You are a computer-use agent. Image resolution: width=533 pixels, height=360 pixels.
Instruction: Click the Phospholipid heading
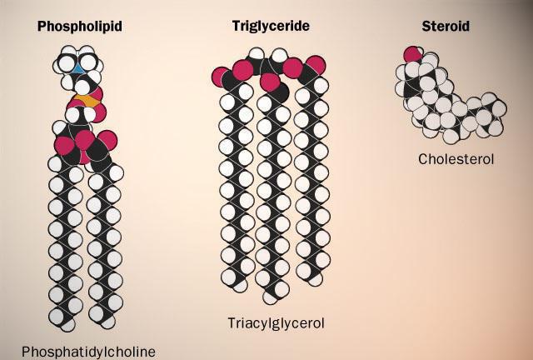click(80, 26)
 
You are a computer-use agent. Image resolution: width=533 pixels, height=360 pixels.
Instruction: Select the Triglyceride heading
click(271, 26)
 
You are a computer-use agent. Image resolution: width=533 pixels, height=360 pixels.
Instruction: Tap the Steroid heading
click(446, 26)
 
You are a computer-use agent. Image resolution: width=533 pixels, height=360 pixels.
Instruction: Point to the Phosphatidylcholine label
click(89, 352)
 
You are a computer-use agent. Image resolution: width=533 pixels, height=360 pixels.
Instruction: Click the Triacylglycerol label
click(276, 322)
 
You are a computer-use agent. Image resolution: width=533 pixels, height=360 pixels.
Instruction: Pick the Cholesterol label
click(456, 159)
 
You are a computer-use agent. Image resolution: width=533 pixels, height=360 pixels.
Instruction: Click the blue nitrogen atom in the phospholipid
click(78, 69)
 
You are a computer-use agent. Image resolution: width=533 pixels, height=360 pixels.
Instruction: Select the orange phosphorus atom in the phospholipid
click(87, 100)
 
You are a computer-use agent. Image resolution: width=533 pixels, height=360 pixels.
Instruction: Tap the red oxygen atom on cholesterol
click(412, 54)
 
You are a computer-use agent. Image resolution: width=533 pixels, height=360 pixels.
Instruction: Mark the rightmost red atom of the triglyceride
click(316, 65)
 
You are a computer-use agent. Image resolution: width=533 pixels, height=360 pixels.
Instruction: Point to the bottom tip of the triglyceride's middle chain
click(270, 299)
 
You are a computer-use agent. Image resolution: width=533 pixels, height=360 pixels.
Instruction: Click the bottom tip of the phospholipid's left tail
click(68, 326)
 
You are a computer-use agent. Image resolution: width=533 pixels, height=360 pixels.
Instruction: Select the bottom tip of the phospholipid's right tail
click(108, 323)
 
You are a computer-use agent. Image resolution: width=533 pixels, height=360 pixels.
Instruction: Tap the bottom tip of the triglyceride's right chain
click(316, 280)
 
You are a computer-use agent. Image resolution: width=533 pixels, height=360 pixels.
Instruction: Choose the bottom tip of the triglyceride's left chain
click(240, 287)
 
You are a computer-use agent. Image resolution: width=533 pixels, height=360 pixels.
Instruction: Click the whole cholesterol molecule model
click(451, 95)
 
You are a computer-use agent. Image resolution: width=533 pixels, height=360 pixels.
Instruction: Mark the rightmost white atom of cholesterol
click(499, 109)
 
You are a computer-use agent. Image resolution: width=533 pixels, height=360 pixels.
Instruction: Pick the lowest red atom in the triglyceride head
click(270, 82)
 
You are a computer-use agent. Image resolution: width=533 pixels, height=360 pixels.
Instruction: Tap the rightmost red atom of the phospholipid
click(108, 140)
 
